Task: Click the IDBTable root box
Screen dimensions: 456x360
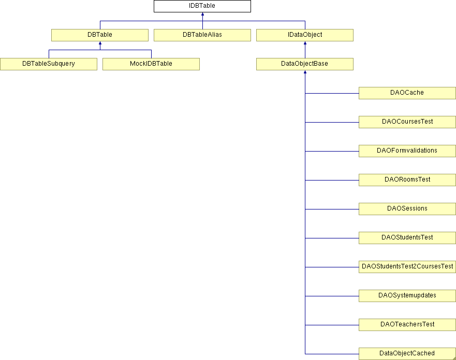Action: (x=202, y=6)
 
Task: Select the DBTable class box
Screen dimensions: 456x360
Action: (x=100, y=35)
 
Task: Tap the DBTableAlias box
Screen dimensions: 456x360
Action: (x=202, y=35)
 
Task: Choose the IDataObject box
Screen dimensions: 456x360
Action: (x=305, y=35)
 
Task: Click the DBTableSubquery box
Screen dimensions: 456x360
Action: (x=49, y=64)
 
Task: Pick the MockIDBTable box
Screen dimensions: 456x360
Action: (x=151, y=64)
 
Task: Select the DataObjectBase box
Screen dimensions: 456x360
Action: (x=305, y=64)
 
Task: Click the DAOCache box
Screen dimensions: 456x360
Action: (x=407, y=93)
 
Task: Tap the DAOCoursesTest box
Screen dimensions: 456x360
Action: (x=407, y=122)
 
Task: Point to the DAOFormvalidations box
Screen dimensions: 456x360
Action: (x=407, y=151)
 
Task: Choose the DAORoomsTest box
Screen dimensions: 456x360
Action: (x=407, y=180)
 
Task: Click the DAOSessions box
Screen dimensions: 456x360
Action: (x=407, y=209)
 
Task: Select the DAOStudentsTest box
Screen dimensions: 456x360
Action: (x=407, y=238)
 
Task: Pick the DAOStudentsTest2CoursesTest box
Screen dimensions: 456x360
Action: (x=407, y=267)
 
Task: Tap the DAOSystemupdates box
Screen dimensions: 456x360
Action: (x=407, y=296)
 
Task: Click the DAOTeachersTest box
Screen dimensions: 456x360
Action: (x=407, y=325)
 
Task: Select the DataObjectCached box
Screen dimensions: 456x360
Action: (x=407, y=354)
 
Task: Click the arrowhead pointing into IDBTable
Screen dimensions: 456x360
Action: (x=202, y=14)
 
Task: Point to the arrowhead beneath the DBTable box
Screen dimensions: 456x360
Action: (x=100, y=43)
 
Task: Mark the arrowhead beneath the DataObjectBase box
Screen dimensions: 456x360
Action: (x=305, y=72)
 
